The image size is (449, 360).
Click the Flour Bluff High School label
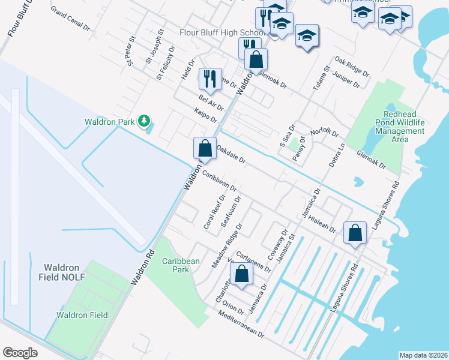[221, 32]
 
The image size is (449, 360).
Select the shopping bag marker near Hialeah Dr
[355, 233]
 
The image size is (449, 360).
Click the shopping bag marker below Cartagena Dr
[241, 275]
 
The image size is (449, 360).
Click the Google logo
[20, 353]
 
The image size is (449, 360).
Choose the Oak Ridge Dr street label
[352, 67]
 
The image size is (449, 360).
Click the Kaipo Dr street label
[206, 115]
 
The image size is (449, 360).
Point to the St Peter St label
[129, 53]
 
